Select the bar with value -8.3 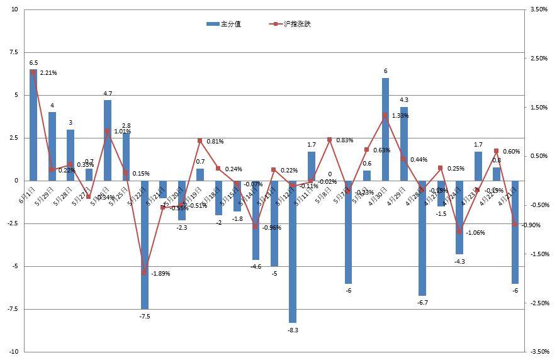pyautogui.click(x=293, y=251)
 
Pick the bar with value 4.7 pyautogui.click(x=108, y=140)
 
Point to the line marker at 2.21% pyautogui.click(x=33, y=72)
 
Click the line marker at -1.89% pyautogui.click(x=145, y=273)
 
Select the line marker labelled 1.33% pyautogui.click(x=385, y=115)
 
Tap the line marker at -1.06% pyautogui.click(x=459, y=232)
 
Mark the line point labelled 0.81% pyautogui.click(x=200, y=140)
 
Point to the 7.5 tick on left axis pyautogui.click(x=14, y=53)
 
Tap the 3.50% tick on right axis pyautogui.click(x=539, y=9)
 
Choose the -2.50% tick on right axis pyautogui.click(x=539, y=303)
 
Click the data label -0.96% pyautogui.click(x=271, y=227)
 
